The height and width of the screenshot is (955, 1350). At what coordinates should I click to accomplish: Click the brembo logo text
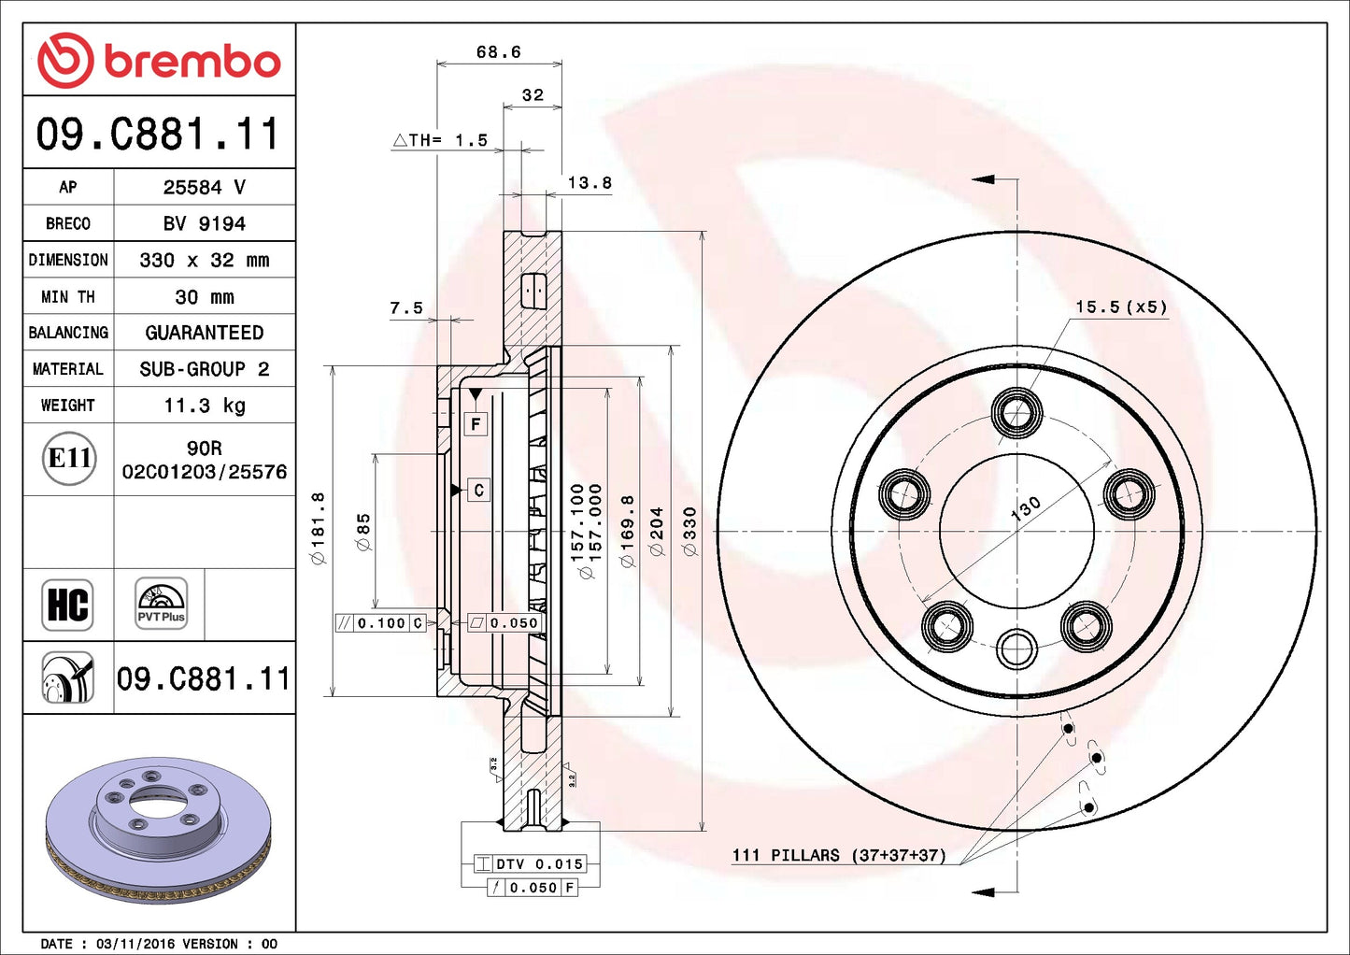(x=192, y=62)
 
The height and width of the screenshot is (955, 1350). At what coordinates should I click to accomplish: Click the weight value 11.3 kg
(x=205, y=406)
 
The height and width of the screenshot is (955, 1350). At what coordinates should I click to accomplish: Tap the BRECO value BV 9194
(x=205, y=224)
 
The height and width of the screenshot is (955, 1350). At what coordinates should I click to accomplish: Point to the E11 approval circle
(x=69, y=459)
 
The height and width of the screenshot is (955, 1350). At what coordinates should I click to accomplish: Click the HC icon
(x=68, y=605)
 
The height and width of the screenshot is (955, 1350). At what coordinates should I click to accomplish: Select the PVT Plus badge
(x=161, y=604)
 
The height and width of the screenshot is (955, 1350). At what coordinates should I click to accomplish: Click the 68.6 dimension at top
(x=498, y=52)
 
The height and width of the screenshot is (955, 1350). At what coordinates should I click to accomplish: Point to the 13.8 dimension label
(x=590, y=183)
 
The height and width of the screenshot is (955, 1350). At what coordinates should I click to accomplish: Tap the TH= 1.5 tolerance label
(x=440, y=140)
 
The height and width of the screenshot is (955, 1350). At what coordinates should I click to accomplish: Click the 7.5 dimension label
(x=406, y=307)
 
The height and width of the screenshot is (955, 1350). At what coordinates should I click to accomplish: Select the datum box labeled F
(x=476, y=424)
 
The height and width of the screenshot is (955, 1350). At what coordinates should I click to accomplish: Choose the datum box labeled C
(x=478, y=490)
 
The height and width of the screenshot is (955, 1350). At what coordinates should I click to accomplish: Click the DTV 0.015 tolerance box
(x=530, y=864)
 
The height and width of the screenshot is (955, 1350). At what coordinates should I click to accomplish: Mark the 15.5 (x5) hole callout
(x=1120, y=306)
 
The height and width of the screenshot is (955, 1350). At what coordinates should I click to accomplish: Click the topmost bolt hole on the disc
(x=1016, y=412)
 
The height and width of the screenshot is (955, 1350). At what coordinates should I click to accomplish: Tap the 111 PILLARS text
(x=838, y=855)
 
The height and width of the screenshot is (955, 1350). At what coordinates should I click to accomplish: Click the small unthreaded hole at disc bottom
(x=1016, y=649)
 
